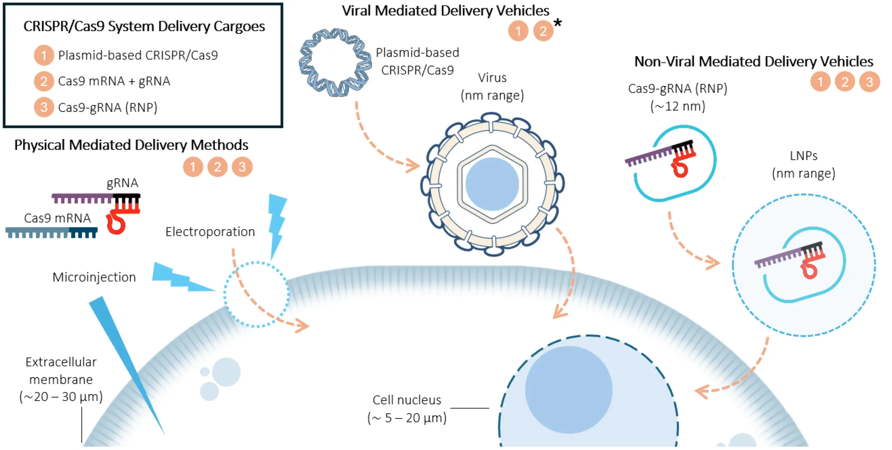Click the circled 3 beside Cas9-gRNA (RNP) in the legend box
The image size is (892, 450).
coord(44,107)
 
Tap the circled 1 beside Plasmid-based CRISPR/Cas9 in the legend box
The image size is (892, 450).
coord(44,55)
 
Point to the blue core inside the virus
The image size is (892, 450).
coord(492,184)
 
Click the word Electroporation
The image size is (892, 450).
coord(210,232)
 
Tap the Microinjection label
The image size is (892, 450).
coord(94,277)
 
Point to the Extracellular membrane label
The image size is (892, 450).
coord(61,379)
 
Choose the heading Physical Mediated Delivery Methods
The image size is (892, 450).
coord(131,145)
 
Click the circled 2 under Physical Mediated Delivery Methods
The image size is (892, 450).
coord(217,167)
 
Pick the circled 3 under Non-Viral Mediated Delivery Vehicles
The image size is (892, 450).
coord(869,82)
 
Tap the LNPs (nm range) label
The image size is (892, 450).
coord(803,164)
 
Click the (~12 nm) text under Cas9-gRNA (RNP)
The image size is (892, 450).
coord(678,106)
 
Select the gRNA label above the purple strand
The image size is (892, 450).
coord(122,183)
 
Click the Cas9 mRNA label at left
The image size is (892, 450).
coord(57,218)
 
